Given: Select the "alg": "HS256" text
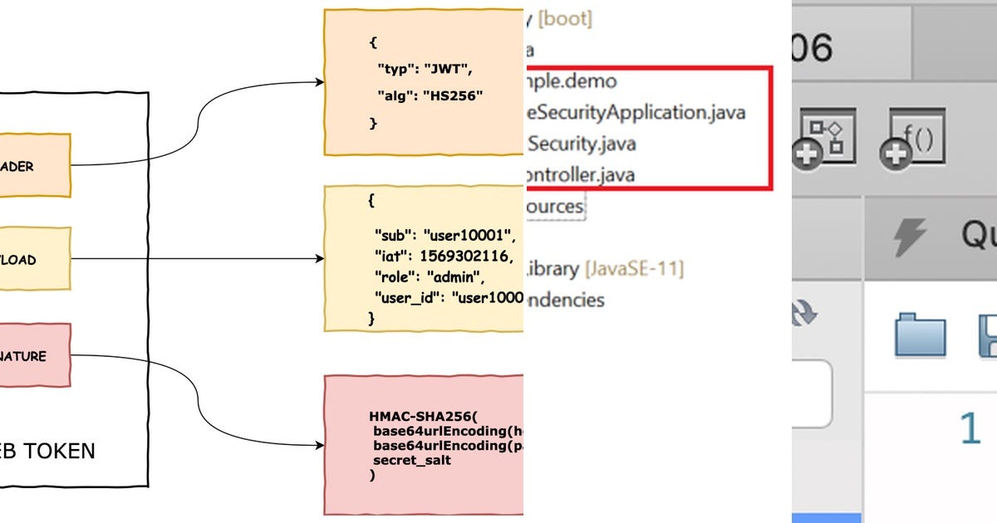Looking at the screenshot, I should click(x=430, y=95).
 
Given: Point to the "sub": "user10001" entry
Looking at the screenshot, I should click(x=444, y=234).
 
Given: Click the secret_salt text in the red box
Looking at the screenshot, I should click(x=412, y=460).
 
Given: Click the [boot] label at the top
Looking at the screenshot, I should click(x=565, y=18).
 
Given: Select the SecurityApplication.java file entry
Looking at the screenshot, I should click(x=635, y=111).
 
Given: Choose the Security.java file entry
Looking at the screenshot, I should click(x=582, y=143).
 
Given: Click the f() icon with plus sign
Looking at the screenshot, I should click(x=911, y=139).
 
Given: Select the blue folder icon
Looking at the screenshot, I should click(x=920, y=335).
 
